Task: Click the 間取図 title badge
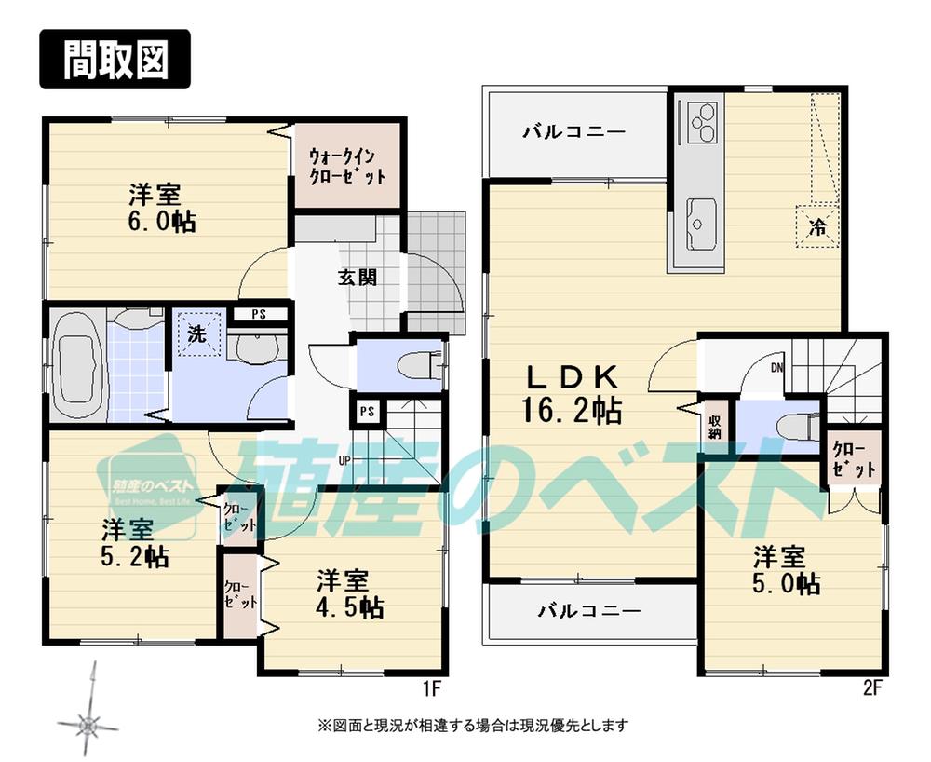point(115,61)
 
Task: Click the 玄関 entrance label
point(358,277)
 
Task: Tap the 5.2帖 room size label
point(135,557)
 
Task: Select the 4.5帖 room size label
point(350,608)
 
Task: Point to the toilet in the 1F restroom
point(414,364)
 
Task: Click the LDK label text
point(573,377)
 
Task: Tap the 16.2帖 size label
point(573,410)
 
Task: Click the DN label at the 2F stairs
point(777,368)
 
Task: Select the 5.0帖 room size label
point(786,584)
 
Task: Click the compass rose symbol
point(88,723)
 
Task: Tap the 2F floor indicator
point(871,690)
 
